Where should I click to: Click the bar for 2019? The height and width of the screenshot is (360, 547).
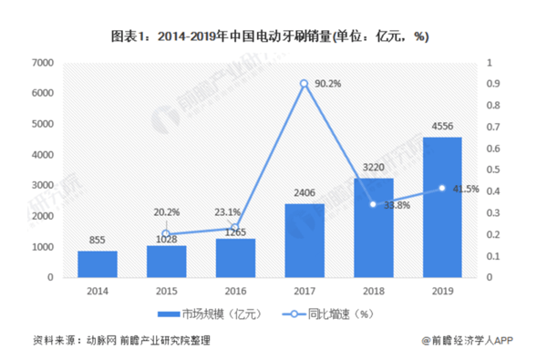442,207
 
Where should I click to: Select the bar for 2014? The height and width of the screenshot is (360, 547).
98,264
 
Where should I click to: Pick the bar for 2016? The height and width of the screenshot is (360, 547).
235,258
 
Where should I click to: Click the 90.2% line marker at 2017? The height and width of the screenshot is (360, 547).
304,84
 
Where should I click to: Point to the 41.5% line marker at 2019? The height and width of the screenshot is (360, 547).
442,188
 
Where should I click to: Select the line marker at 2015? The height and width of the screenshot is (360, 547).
166,233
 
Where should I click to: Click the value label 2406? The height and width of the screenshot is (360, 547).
304,193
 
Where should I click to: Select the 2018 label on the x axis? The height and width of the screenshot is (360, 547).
373,291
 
